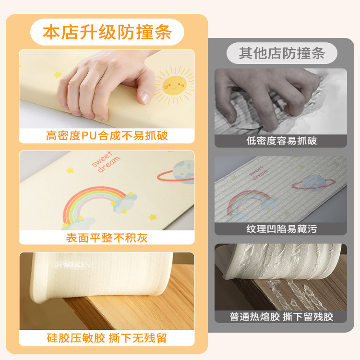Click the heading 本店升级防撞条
107,33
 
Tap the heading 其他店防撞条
281,53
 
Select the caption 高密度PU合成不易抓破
107,136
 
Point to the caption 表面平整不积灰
107,238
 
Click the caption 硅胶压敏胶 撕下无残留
107,338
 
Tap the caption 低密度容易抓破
281,141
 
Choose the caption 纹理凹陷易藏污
281,228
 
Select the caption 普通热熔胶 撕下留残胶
281,316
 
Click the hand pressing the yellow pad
106,84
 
